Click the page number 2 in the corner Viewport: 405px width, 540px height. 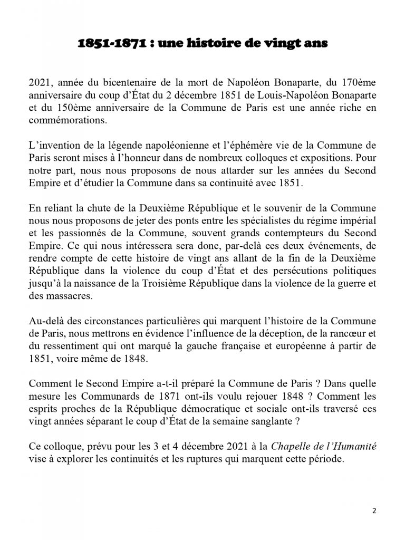click(374, 511)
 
